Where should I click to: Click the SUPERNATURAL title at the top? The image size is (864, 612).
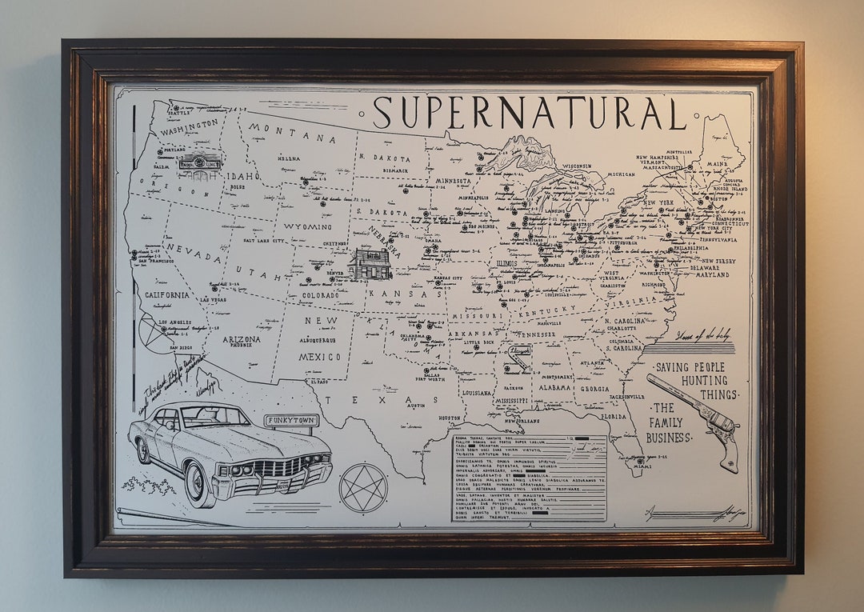pos(530,113)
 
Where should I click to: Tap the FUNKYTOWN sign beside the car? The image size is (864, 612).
pos(292,420)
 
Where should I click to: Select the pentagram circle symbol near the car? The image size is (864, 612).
pos(363,487)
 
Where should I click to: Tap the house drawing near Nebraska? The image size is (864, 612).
pos(370,265)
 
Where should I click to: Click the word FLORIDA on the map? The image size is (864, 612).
pos(614,416)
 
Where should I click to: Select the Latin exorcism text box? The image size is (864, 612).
pos(529,478)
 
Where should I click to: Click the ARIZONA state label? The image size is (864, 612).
pos(241,339)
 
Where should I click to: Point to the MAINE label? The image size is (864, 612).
pos(718,166)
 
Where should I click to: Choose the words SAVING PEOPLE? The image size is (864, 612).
pos(690,367)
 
